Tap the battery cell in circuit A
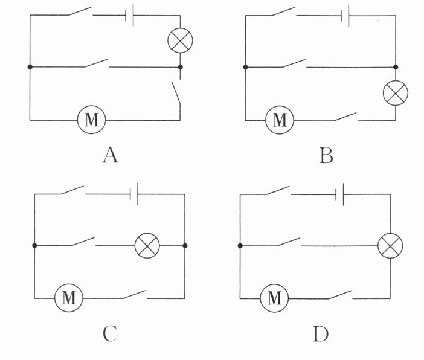click(x=129, y=16)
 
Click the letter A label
click(x=110, y=156)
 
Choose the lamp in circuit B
click(x=396, y=93)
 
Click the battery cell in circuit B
click(x=344, y=16)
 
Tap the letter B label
click(x=326, y=156)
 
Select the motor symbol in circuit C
click(x=68, y=297)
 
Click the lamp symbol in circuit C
click(x=145, y=246)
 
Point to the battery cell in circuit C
click(x=135, y=194)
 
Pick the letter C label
click(x=109, y=333)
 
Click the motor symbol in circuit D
click(x=274, y=297)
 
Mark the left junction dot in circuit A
click(x=30, y=66)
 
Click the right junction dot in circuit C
click(x=185, y=246)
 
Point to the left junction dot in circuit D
click(x=240, y=246)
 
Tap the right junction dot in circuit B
click(x=396, y=66)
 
